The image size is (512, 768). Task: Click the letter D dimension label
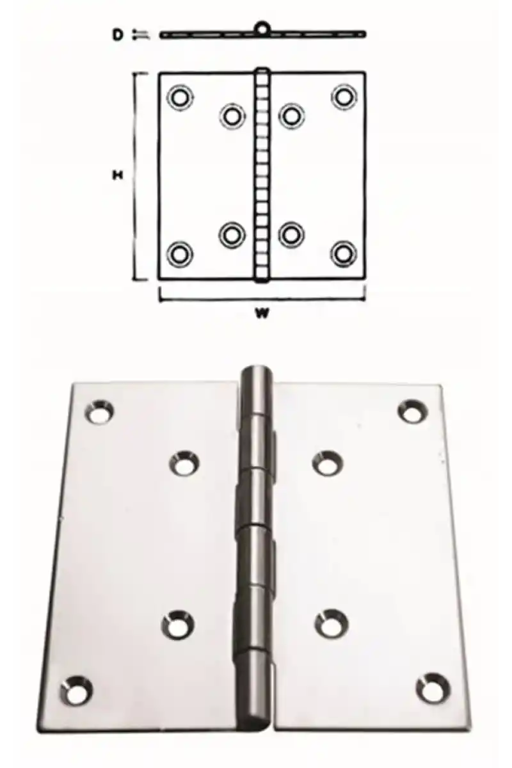[x=118, y=35]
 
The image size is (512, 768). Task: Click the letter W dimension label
[x=262, y=313]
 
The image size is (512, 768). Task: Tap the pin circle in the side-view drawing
[x=262, y=28]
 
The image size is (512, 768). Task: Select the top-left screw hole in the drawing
[x=180, y=97]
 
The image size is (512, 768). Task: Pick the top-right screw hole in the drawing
[x=343, y=97]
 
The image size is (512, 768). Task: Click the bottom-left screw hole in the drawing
[x=180, y=254]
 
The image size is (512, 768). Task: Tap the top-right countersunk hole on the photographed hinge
[x=413, y=410]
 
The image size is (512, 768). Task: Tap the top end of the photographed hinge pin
[x=255, y=371]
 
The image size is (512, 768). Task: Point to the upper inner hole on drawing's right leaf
[x=291, y=116]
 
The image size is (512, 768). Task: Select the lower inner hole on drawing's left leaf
[x=232, y=236]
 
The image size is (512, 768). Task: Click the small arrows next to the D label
[x=141, y=35]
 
